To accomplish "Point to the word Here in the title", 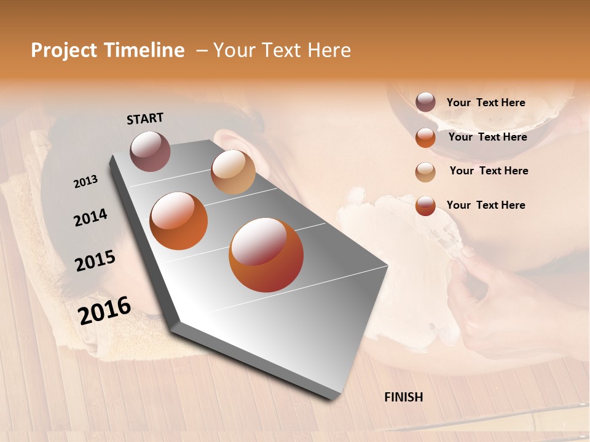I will (x=329, y=50).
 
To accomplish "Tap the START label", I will (x=145, y=118).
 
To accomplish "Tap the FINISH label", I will (x=404, y=397).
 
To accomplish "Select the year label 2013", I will (x=86, y=182).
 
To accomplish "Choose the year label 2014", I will (x=91, y=218).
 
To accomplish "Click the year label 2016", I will (x=105, y=311).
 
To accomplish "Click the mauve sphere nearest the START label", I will (x=151, y=151).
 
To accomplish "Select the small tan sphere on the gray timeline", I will (x=233, y=172).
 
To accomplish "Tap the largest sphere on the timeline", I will (x=266, y=255).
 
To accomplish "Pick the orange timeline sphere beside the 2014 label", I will (x=179, y=220).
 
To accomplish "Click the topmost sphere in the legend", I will (x=425, y=103).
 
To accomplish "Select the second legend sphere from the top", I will (x=425, y=138).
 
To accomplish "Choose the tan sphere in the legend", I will (x=425, y=172).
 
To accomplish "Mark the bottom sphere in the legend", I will (x=425, y=206).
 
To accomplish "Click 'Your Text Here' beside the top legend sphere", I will (x=486, y=103).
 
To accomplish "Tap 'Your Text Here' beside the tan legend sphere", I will (x=489, y=171).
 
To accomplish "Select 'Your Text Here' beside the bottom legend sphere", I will (x=486, y=205).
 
